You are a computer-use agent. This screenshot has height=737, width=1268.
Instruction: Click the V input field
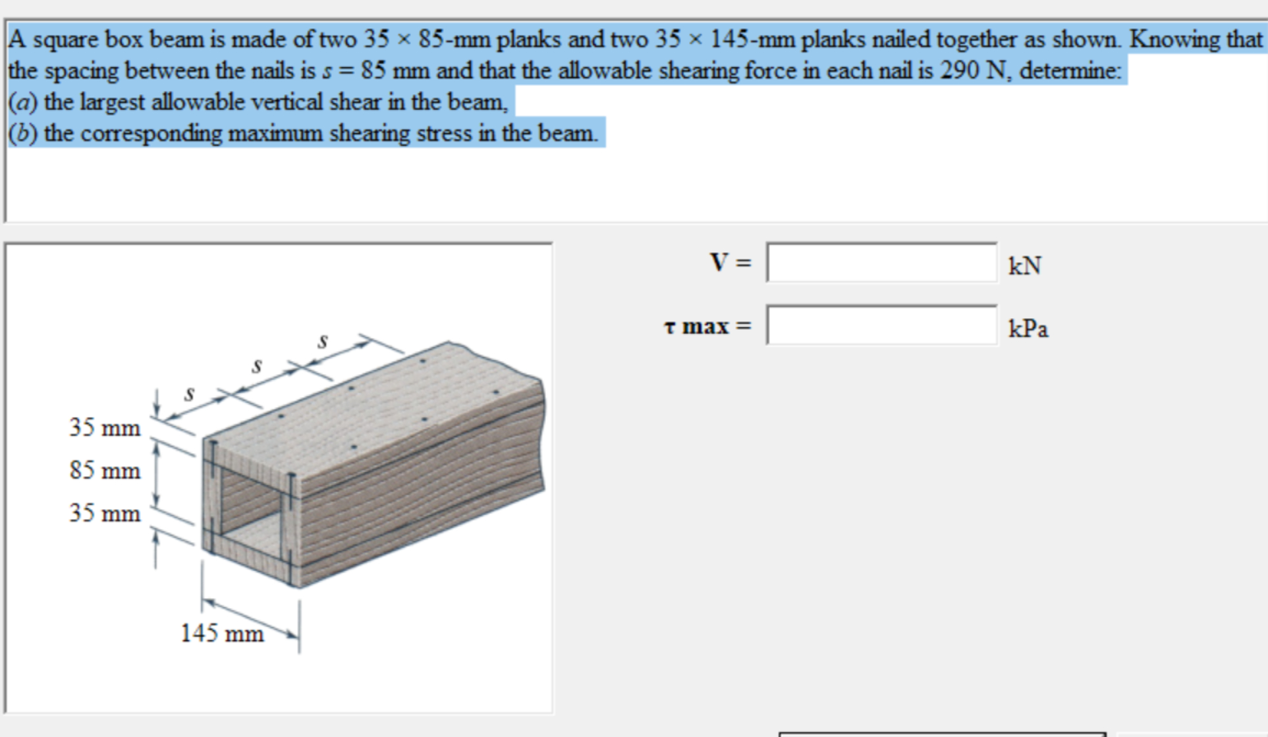tap(881, 263)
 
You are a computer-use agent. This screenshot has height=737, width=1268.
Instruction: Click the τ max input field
tap(881, 325)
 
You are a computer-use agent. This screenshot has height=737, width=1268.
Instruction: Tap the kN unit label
tap(1025, 265)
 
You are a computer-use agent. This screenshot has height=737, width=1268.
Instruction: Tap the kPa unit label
tap(1028, 328)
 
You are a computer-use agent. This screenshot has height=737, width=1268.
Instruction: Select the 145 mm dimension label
tap(222, 634)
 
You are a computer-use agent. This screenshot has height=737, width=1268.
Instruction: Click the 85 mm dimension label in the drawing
tap(105, 470)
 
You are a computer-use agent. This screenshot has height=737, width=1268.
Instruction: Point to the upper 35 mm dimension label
tap(105, 427)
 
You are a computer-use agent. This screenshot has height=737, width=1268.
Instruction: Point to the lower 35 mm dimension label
tap(105, 513)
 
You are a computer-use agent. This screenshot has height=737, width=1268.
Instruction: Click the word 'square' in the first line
tap(66, 40)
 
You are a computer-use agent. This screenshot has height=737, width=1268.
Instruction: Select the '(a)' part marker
tap(23, 102)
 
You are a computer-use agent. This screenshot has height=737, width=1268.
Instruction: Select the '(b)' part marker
tap(23, 134)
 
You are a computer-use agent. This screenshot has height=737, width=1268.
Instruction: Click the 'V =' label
tap(730, 262)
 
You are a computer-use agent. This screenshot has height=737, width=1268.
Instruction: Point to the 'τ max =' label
tap(707, 326)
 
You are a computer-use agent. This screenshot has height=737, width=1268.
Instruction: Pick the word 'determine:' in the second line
tap(1070, 70)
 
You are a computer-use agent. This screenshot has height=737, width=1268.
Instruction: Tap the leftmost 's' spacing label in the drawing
tap(190, 394)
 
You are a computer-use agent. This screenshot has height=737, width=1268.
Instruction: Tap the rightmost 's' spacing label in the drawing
tap(323, 341)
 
